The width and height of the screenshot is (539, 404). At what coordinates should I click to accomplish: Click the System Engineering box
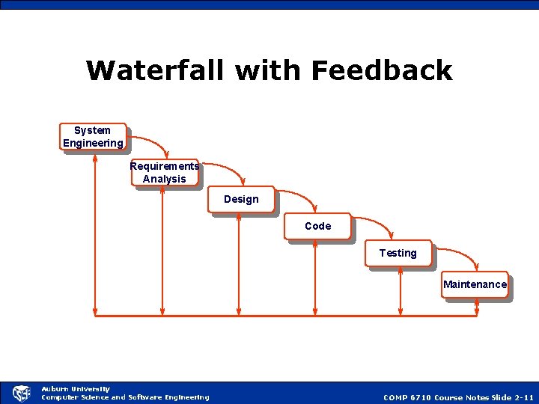pyautogui.click(x=93, y=137)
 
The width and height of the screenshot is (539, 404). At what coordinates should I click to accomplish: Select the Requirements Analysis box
pyautogui.click(x=165, y=172)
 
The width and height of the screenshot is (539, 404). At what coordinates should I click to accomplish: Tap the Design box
pyautogui.click(x=241, y=200)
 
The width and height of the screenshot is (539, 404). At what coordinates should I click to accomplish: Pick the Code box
pyautogui.click(x=317, y=226)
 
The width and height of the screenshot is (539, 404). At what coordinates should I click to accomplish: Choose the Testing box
pyautogui.click(x=398, y=254)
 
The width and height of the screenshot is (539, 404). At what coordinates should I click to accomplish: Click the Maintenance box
pyautogui.click(x=475, y=284)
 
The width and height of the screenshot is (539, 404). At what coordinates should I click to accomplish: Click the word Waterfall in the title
pyautogui.click(x=156, y=70)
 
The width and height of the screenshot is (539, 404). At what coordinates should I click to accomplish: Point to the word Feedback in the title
pyautogui.click(x=382, y=70)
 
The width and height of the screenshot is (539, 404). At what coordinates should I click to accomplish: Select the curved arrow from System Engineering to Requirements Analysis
pyautogui.click(x=153, y=141)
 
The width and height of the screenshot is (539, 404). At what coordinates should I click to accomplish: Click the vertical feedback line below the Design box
pyautogui.click(x=239, y=266)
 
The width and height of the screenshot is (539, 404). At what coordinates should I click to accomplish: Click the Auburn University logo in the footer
pyautogui.click(x=22, y=393)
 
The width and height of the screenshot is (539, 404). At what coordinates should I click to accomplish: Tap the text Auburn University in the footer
pyautogui.click(x=76, y=388)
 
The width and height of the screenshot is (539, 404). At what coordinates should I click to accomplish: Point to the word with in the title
pyautogui.click(x=269, y=70)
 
